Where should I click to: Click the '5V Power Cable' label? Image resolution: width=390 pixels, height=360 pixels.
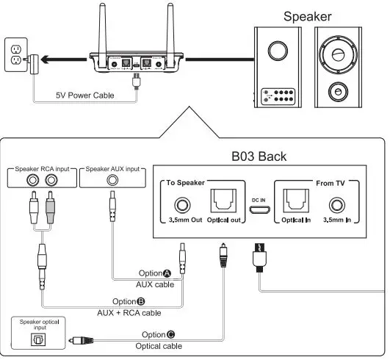click(x=84, y=95)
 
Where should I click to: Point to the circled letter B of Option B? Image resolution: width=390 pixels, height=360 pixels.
click(x=141, y=301)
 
